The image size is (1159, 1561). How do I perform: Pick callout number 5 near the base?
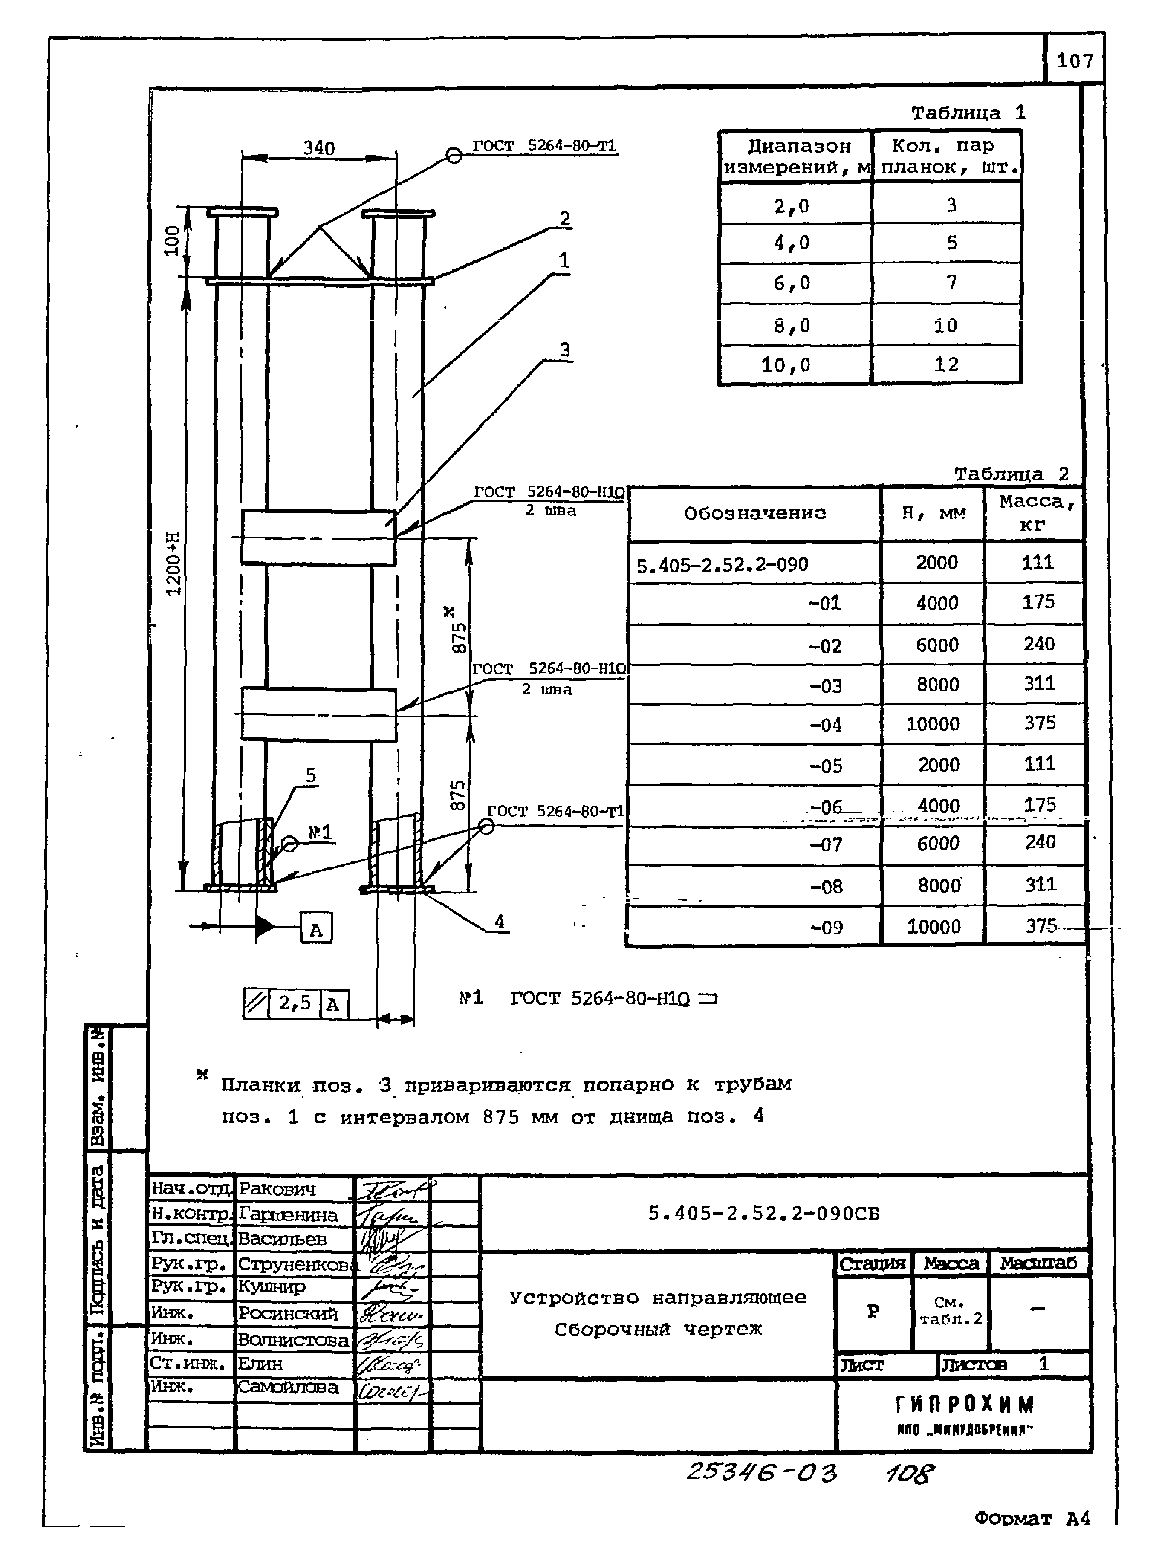pos(311,775)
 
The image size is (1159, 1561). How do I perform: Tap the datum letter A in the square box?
pos(316,930)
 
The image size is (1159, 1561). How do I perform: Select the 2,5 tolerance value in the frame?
pos(295,1003)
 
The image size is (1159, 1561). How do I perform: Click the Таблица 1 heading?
pos(968,112)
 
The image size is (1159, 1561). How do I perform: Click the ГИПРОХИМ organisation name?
pos(965,1405)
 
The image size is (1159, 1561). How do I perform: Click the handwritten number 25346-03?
pos(761,1472)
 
